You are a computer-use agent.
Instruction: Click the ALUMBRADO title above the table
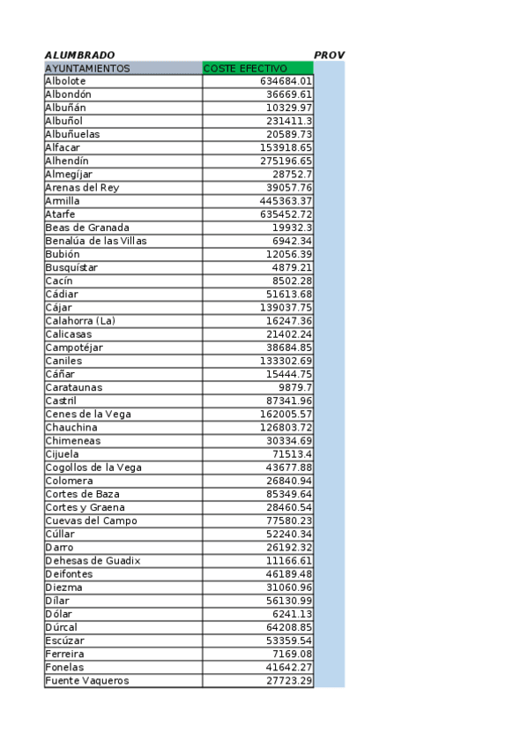coord(79,55)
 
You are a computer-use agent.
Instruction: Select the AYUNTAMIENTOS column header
coord(87,68)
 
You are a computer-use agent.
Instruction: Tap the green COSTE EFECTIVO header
coord(245,68)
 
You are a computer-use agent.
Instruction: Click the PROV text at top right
coord(329,55)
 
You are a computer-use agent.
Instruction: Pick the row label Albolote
coord(65,81)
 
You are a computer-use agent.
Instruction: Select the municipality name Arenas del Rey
coord(82,188)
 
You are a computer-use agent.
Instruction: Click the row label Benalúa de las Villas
coord(96,241)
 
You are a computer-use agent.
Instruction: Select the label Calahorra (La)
coord(80,321)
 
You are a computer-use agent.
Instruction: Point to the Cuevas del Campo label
coord(91,520)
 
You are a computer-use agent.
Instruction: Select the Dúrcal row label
coord(62,627)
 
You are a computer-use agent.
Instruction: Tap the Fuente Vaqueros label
coord(86,680)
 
